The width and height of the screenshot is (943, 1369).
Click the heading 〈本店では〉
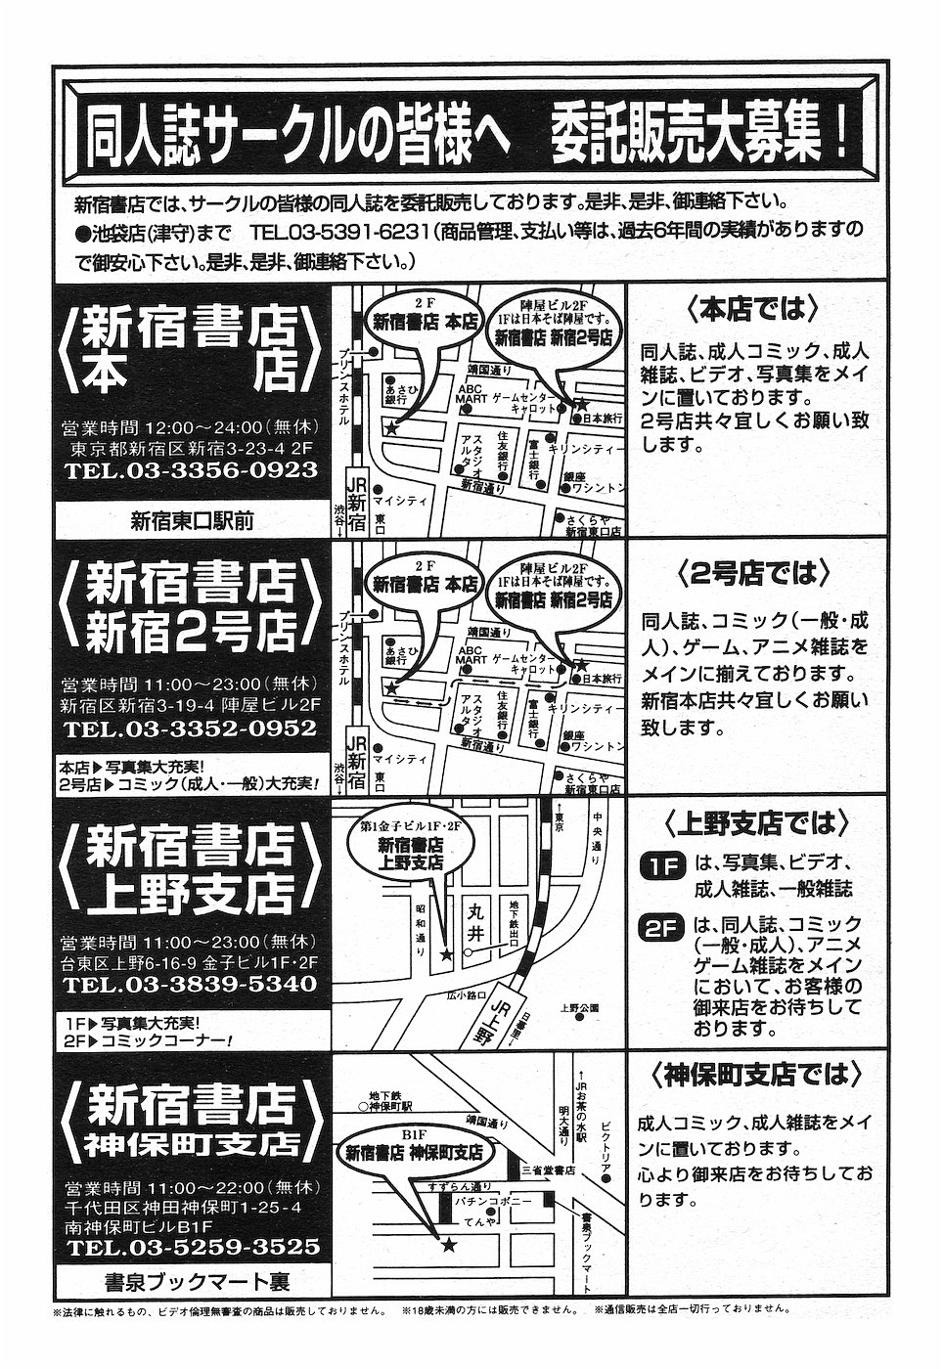750,311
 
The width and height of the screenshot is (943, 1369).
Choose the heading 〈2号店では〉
750,571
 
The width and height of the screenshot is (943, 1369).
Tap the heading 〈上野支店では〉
750,824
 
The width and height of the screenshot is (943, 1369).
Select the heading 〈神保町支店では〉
750,1077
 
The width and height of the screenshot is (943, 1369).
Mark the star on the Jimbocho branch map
448,1244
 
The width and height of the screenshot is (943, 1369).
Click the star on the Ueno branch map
447,953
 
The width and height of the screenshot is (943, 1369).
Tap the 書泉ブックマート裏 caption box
192,1279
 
